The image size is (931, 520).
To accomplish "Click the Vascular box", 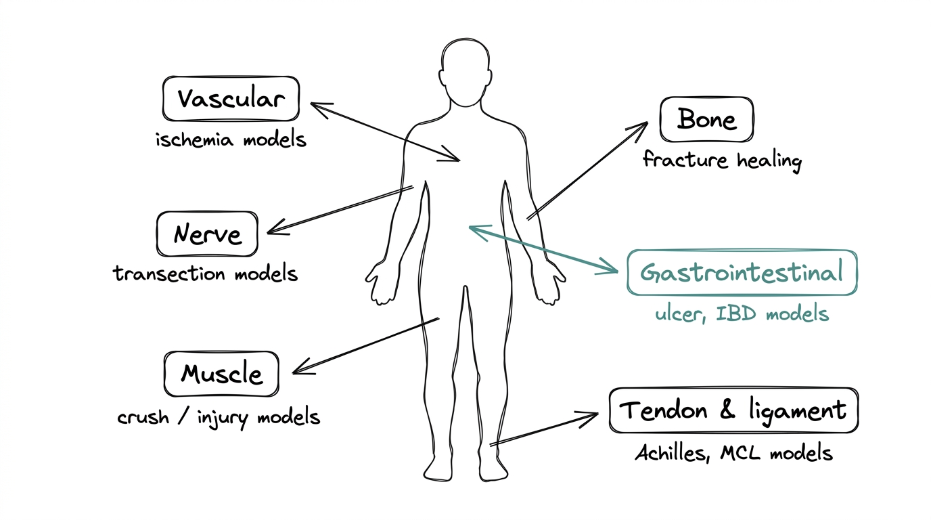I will coord(231,99).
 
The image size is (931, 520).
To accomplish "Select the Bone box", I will coord(706,119).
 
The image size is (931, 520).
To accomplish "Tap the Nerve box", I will coord(207,234).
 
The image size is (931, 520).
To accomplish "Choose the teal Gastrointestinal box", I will coord(742,272).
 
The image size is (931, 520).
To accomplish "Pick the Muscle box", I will coord(221,374).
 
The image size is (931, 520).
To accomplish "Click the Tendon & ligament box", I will coord(733,410).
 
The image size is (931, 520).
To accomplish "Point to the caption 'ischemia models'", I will coord(231,140).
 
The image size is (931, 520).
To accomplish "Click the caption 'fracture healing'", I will coord(721,160).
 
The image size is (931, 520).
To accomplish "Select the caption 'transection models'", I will coord(205,274).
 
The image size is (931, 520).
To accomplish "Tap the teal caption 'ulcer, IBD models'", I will coord(742,314).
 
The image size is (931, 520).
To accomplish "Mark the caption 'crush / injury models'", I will coord(219,416).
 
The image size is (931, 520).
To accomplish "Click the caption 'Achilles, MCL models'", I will coord(733,452).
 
